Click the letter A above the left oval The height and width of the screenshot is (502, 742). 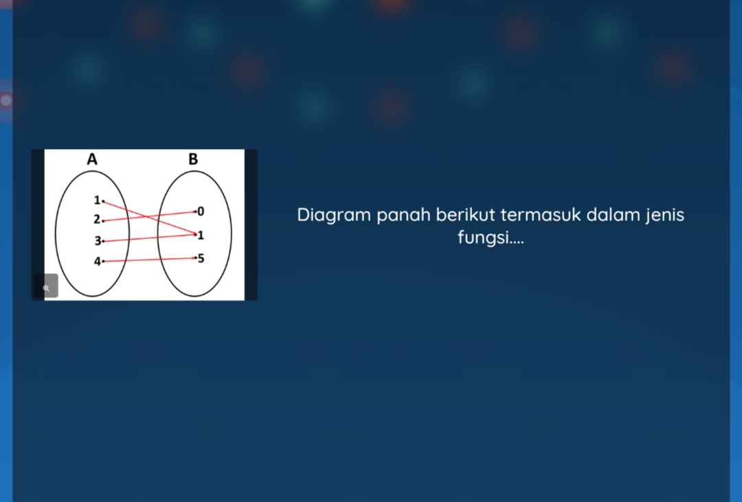coord(92,159)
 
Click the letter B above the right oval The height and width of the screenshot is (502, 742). coord(193,159)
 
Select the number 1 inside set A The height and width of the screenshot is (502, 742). coord(97,201)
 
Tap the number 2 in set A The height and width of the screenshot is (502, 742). coord(97,220)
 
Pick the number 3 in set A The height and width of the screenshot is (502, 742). coord(97,241)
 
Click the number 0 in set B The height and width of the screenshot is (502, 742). coord(201,210)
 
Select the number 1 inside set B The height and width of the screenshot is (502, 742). coord(201,236)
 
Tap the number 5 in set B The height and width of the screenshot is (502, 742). coord(201,259)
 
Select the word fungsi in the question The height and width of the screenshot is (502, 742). coord(482,239)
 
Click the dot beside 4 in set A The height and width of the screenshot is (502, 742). coord(103,262)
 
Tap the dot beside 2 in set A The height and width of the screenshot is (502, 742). coord(103,221)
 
